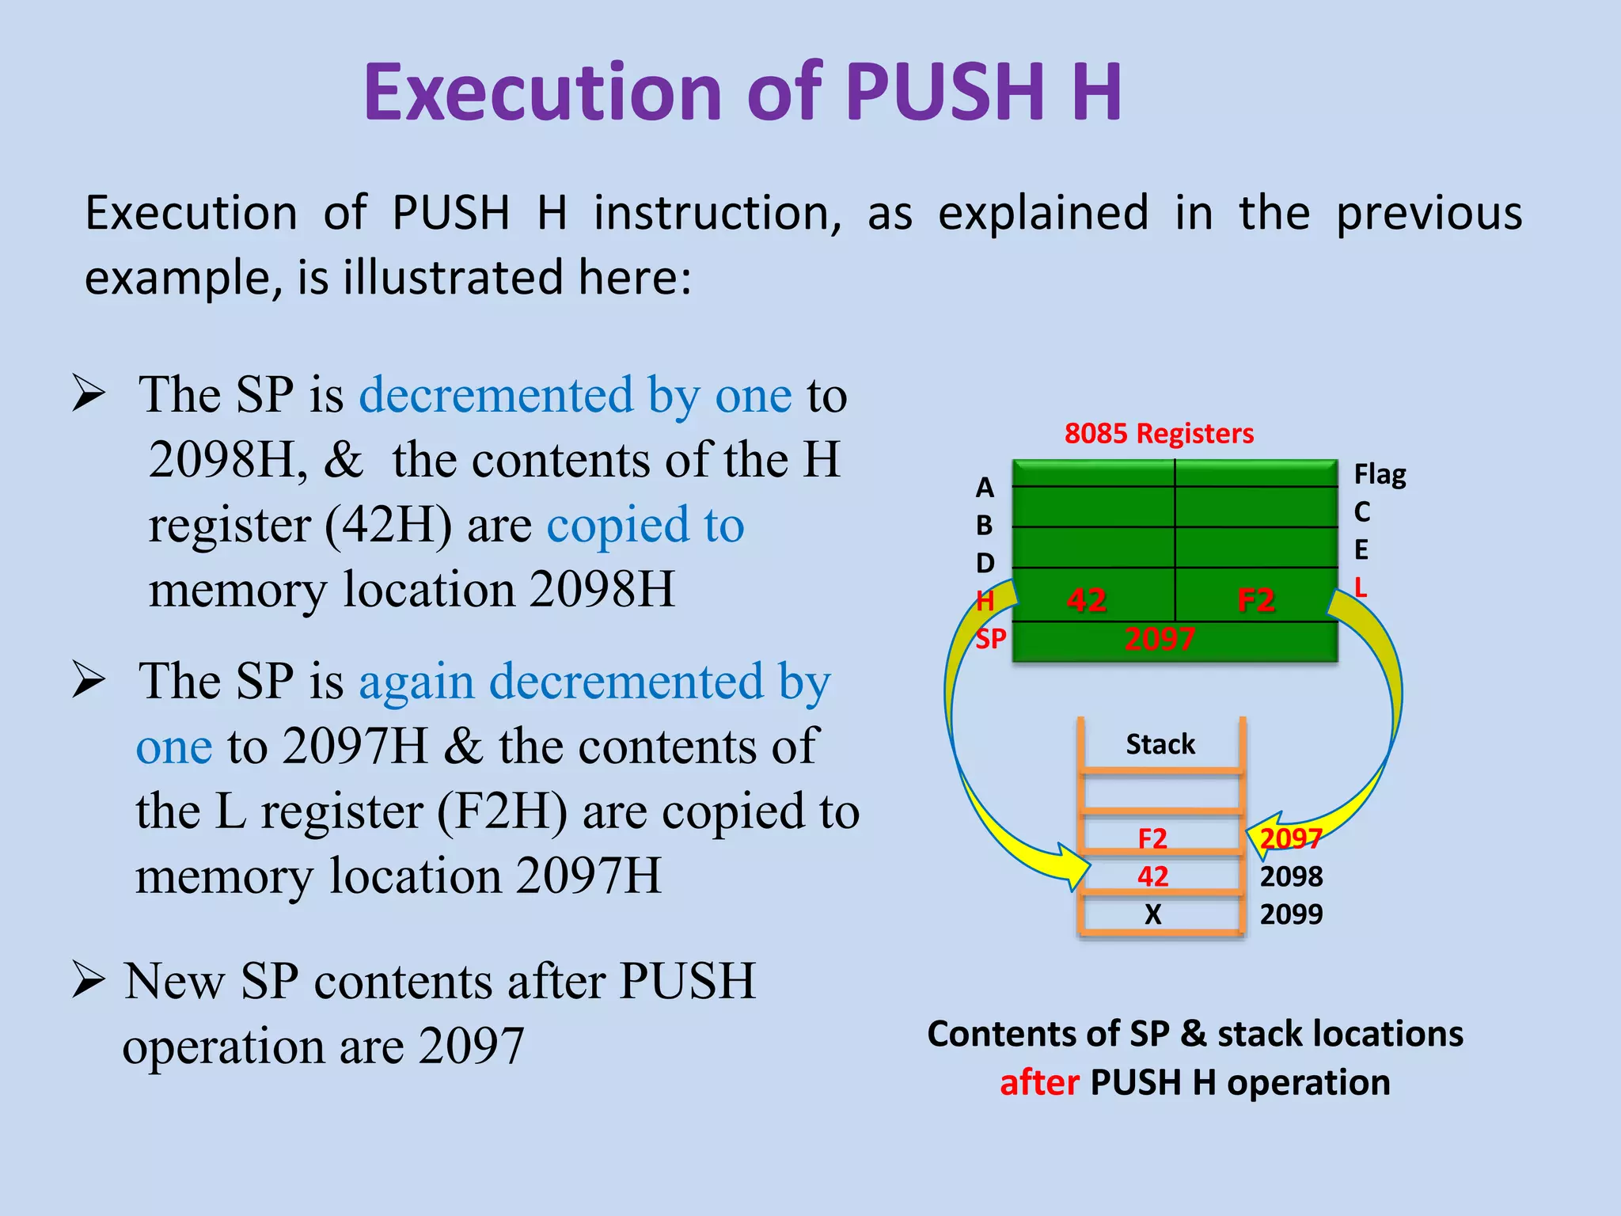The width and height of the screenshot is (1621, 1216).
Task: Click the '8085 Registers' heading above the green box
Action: [1159, 434]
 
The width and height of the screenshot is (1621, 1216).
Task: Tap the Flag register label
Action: [1380, 475]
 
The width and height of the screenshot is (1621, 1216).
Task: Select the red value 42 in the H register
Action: [1086, 600]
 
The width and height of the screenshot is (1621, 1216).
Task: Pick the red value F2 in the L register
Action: [1256, 600]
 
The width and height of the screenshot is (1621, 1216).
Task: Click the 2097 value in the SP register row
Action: [1160, 639]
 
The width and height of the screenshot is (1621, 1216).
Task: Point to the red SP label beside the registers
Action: [990, 638]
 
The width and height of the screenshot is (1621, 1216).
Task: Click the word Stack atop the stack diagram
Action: [1160, 744]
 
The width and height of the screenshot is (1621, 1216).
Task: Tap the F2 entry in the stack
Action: [1152, 838]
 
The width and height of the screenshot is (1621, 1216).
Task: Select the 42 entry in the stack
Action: [1152, 876]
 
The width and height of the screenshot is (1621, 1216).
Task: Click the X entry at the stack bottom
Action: [1152, 914]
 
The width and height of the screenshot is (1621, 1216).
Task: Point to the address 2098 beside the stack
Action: [1291, 876]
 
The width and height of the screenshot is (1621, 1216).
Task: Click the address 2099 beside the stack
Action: [1291, 914]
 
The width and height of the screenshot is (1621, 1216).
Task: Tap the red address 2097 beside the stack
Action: [1291, 838]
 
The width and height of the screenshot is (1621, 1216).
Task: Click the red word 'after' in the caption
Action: [1039, 1082]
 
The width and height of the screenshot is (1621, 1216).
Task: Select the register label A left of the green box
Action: [984, 488]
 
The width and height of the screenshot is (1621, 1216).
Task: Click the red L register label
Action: [1361, 587]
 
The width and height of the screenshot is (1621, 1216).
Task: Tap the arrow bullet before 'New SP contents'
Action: [88, 979]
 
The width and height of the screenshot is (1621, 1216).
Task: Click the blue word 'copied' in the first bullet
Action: [618, 525]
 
